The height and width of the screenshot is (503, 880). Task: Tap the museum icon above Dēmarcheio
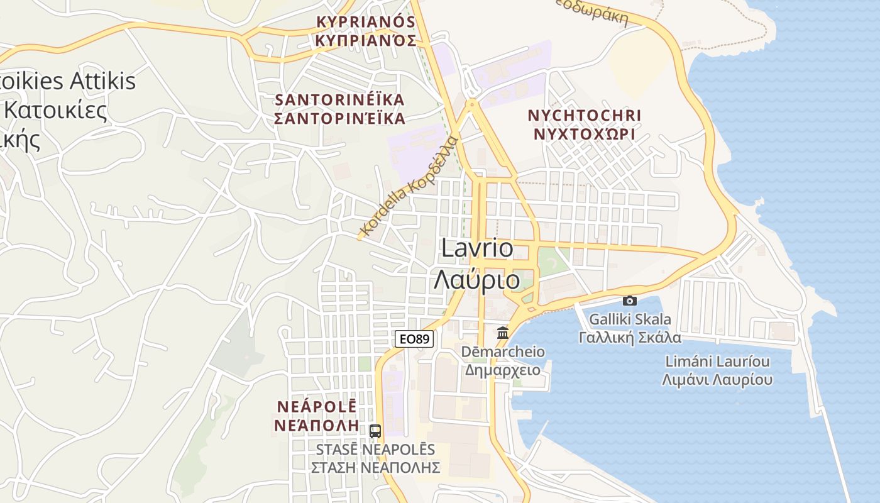(x=503, y=333)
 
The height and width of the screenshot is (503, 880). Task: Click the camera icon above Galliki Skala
(x=629, y=301)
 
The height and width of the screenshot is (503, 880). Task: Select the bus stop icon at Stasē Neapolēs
(x=375, y=431)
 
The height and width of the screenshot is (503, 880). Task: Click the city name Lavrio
(x=477, y=248)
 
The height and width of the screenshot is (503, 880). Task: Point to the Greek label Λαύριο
(x=477, y=280)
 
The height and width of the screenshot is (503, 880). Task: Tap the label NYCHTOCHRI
(x=585, y=116)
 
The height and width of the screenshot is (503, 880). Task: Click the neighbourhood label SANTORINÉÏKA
(x=339, y=100)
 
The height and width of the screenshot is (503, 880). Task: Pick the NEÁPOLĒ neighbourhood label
(x=317, y=406)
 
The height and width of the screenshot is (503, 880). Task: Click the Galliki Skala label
(x=629, y=319)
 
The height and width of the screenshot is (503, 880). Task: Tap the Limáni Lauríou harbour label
(x=717, y=362)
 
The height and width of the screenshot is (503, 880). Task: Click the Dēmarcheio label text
(x=503, y=351)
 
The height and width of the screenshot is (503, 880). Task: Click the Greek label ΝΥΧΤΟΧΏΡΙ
(x=585, y=134)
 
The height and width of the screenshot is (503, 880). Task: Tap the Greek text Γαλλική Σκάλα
(x=629, y=337)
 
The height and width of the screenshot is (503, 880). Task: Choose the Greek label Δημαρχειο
(x=503, y=369)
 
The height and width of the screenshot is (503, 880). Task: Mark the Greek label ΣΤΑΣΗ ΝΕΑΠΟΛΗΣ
(x=375, y=468)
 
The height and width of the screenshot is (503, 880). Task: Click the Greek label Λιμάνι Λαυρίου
(x=717, y=380)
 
